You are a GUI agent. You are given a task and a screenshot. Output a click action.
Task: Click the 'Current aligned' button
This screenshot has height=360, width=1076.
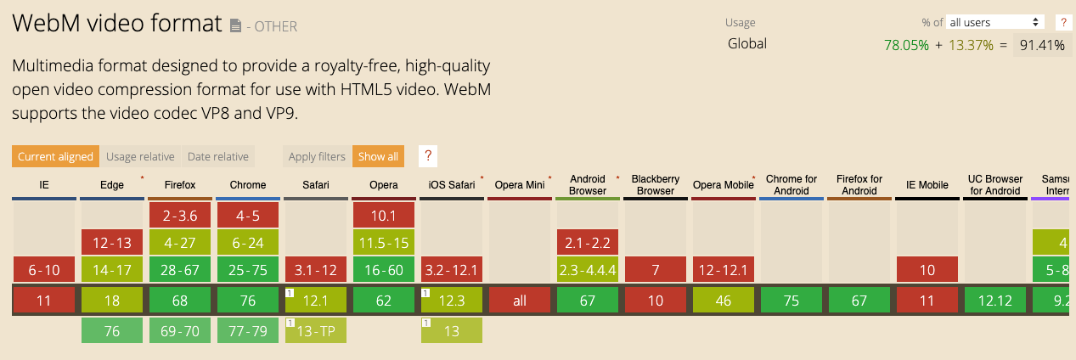pos(55,156)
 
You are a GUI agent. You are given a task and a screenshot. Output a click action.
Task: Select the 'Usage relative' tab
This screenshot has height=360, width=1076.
pos(140,156)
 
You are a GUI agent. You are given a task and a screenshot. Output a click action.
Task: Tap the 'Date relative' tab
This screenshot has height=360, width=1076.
pos(218,156)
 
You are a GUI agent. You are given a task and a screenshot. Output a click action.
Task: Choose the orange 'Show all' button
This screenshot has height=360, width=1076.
pos(378,156)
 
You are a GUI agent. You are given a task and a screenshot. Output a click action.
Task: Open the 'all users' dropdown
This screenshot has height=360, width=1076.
pos(995,22)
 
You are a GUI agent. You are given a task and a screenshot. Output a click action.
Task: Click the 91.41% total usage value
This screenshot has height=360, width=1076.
pos(1042,46)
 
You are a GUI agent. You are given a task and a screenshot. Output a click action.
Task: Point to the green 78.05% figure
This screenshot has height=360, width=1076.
pos(906,46)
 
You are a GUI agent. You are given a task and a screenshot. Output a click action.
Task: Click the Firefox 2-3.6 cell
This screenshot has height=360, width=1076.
pos(180,216)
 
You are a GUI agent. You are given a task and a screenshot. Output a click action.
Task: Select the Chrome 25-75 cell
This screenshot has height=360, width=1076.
pos(248,270)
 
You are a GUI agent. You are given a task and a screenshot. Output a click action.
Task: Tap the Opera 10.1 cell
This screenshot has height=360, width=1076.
pos(384,216)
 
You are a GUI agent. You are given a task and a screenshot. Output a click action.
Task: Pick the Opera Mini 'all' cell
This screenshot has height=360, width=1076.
pos(520,301)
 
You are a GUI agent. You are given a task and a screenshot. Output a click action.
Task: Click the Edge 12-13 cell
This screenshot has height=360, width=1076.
pos(112,243)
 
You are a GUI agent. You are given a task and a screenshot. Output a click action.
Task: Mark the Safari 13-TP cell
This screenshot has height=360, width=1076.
pos(316,331)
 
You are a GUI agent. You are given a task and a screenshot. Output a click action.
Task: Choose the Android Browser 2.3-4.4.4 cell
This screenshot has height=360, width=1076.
pos(588,270)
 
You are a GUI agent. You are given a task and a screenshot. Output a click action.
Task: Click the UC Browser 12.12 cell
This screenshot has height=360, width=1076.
pos(995,301)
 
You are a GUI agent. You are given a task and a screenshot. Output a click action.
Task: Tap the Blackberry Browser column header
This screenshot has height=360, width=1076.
pos(656,185)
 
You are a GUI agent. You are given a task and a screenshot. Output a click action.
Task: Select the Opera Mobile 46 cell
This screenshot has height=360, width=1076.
pos(724,301)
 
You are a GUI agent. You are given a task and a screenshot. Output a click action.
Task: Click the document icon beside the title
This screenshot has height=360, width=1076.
pos(235,26)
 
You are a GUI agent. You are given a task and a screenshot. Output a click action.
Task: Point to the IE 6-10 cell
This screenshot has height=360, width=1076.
pos(44,270)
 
